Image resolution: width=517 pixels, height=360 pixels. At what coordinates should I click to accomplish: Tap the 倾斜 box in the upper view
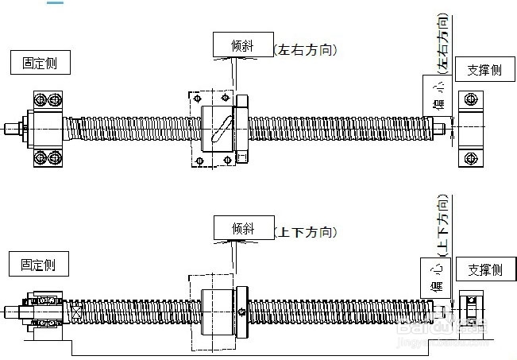coord(241,45)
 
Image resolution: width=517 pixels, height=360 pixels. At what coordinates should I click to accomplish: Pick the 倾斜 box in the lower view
coord(241,228)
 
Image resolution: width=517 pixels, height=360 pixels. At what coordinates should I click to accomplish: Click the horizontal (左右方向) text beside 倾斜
coord(306,49)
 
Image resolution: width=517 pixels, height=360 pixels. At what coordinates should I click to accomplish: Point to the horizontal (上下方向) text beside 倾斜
coord(306,232)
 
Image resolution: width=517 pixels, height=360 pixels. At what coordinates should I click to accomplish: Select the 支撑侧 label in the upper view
coord(484,70)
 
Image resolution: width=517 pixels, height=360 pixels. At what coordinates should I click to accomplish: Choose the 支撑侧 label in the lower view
coord(484,270)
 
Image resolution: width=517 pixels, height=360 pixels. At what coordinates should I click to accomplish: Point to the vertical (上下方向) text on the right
coord(443,225)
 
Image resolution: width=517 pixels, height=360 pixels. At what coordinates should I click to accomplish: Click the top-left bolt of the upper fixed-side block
coord(39,100)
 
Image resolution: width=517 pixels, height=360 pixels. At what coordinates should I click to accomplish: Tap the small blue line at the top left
coord(56,2)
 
